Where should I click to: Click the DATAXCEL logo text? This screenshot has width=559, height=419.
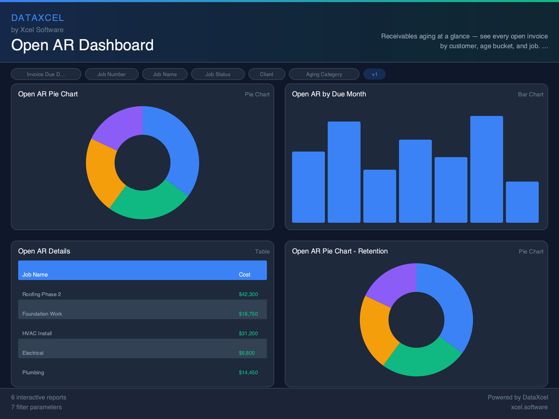pos(37,18)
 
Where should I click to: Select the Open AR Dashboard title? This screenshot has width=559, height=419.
pos(82,45)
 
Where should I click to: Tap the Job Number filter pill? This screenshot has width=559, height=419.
pos(111,74)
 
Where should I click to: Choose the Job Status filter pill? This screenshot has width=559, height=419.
pos(218,74)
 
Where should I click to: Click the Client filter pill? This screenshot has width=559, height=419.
pos(266,74)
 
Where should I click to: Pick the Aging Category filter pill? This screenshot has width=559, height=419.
pos(324,74)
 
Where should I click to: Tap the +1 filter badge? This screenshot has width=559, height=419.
pos(374,74)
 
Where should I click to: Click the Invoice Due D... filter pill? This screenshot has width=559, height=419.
pos(46,74)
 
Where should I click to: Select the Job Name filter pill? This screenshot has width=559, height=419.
pos(164,74)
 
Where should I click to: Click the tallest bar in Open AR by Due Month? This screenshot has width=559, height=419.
pos(486,169)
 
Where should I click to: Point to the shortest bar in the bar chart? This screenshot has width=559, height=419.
pos(522,202)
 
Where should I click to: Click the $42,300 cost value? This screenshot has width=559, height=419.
pos(248,295)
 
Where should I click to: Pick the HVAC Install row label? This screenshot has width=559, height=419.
pos(37,333)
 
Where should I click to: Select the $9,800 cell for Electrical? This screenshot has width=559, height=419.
pos(246,353)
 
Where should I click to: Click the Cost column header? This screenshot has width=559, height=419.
pos(245,274)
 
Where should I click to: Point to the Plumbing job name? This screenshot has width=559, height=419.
pos(33,373)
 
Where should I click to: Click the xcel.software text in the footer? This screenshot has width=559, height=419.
pos(529,407)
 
